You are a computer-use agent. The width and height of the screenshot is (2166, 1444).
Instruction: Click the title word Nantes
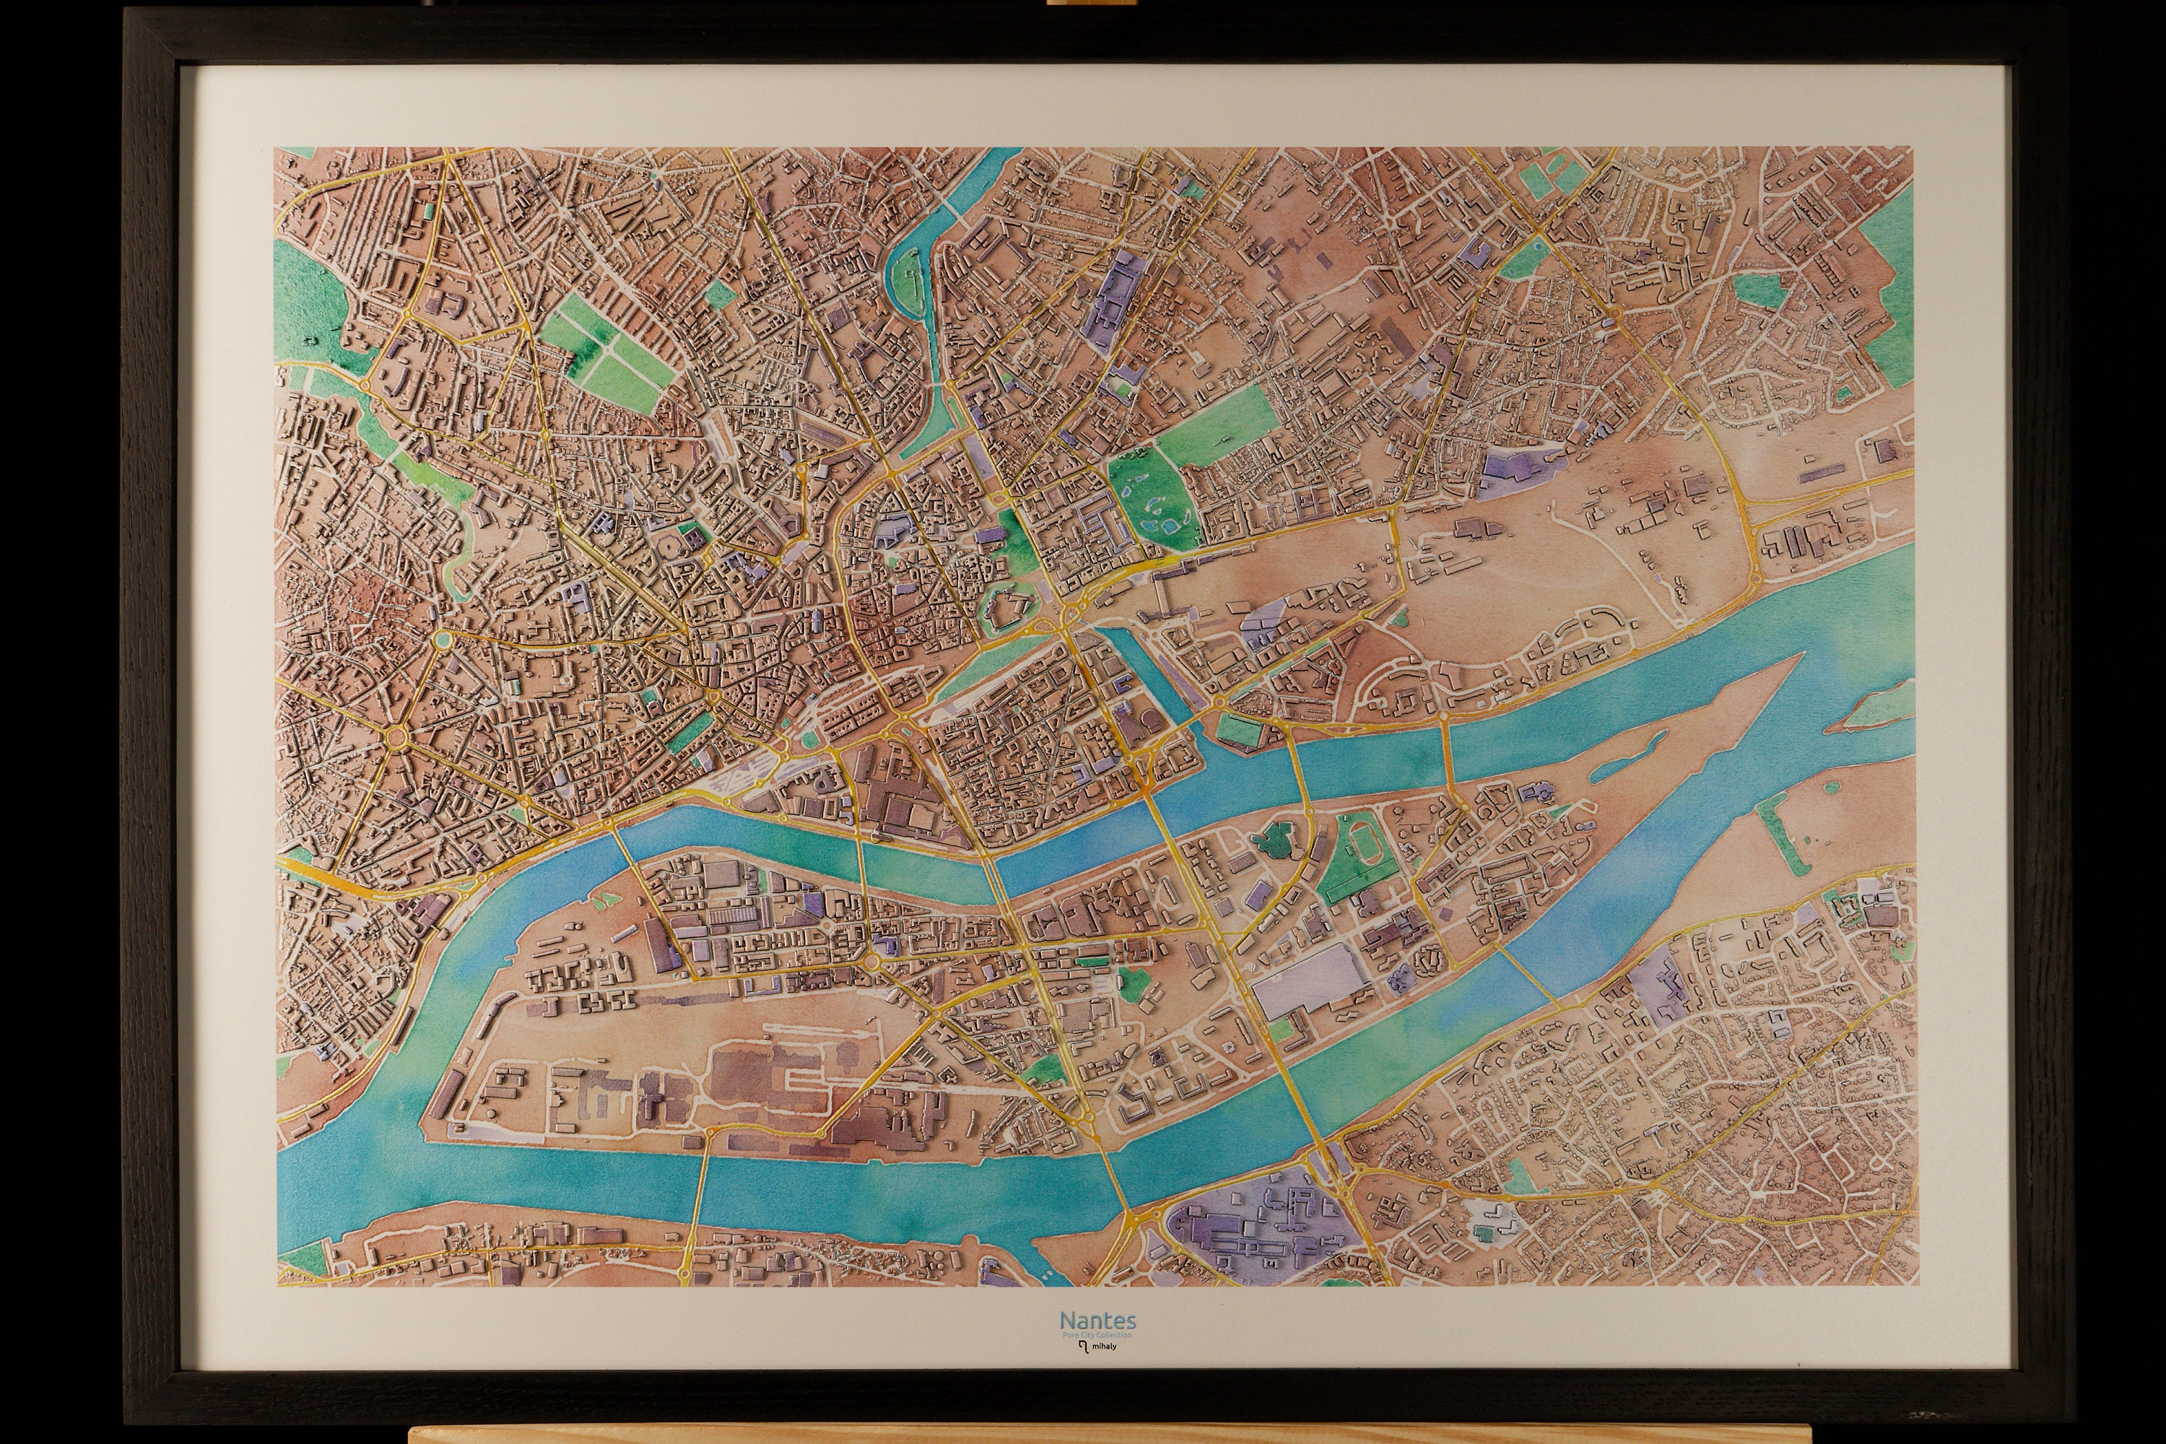point(1097,1321)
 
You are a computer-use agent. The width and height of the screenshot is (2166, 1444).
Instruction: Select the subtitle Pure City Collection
point(1097,1335)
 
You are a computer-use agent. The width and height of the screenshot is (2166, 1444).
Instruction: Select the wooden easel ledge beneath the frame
point(1082,1435)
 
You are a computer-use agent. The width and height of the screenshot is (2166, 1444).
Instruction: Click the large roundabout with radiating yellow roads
point(399,736)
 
